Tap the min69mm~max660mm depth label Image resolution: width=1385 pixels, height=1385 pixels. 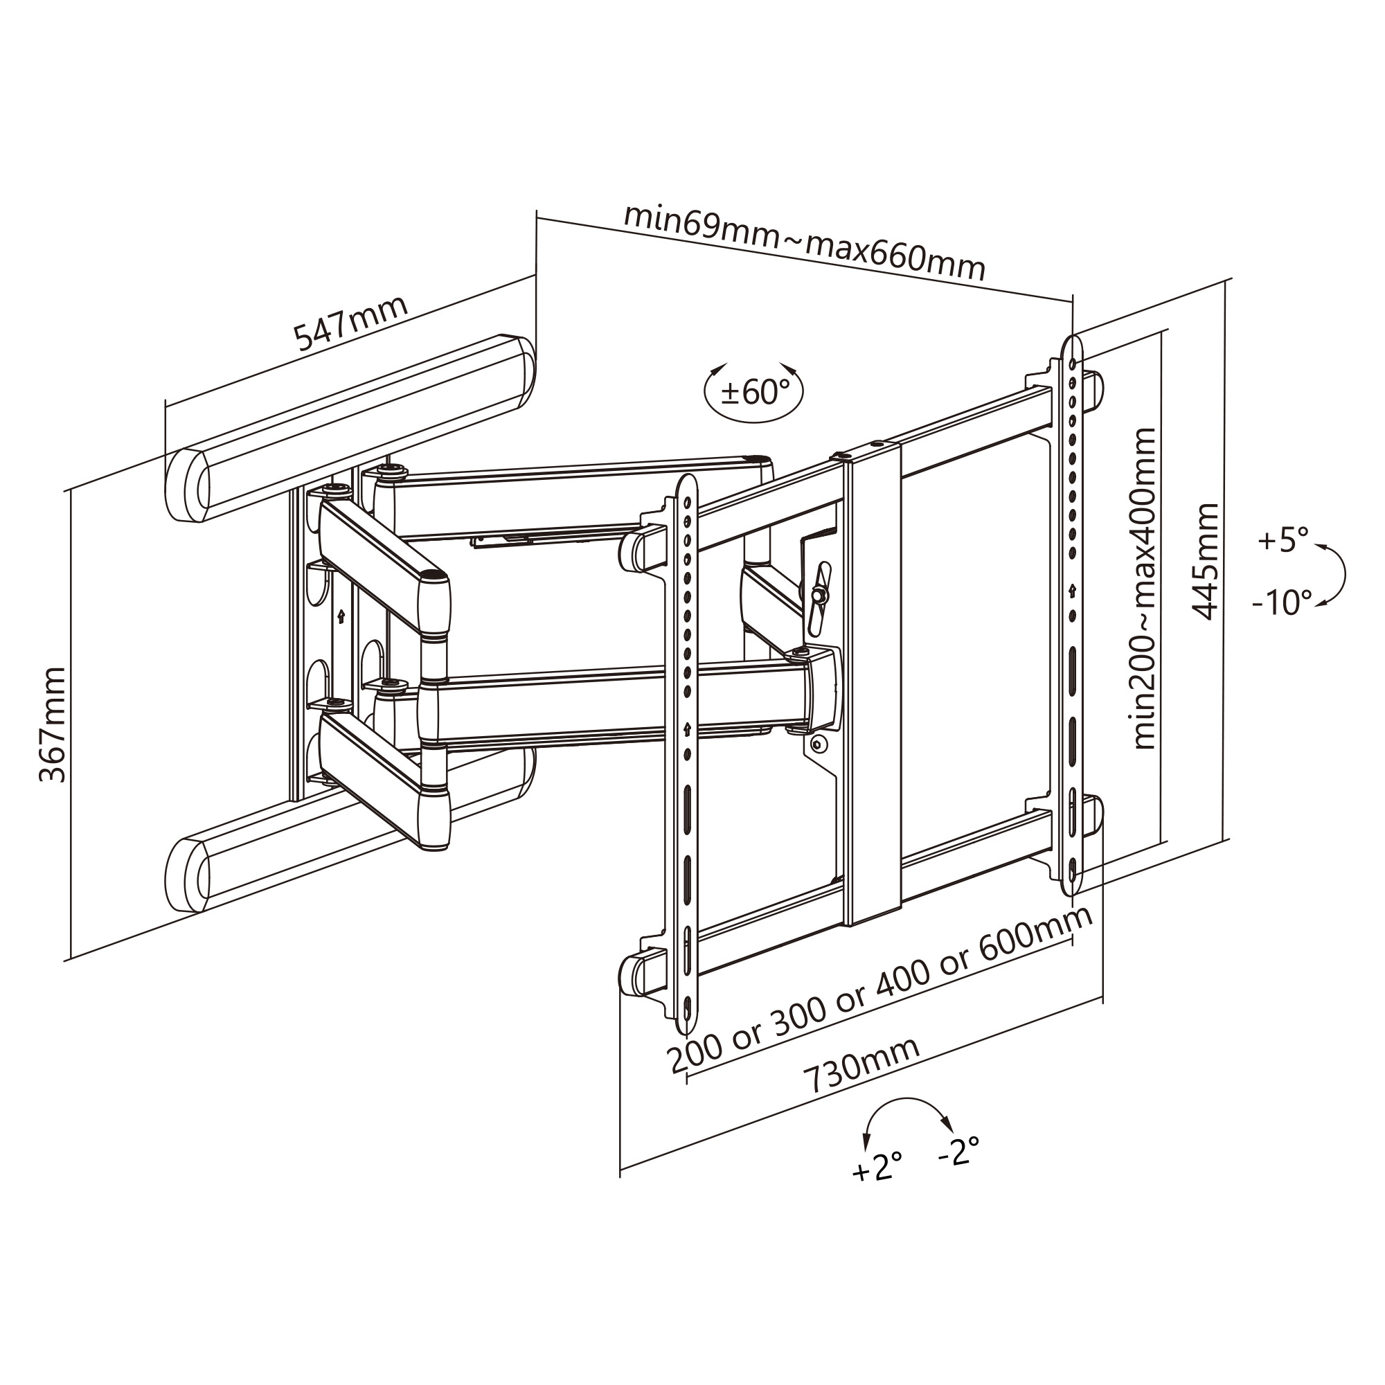[x=804, y=242]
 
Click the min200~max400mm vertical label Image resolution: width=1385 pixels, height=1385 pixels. [x=1145, y=588]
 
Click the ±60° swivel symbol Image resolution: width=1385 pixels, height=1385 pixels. [x=754, y=392]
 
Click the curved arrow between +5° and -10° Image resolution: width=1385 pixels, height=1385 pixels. [x=1338, y=573]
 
